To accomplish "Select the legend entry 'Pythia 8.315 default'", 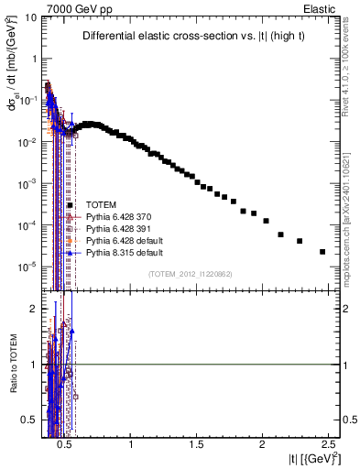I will [x=122, y=253].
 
